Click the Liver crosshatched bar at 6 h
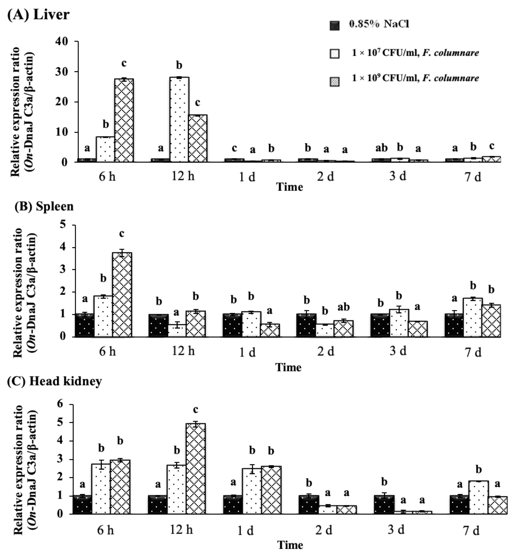(124, 120)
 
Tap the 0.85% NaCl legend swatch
(335, 25)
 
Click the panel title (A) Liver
(38, 14)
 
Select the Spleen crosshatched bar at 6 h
(122, 295)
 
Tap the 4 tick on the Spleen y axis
(63, 247)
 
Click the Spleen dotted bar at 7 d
(473, 317)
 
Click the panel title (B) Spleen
(44, 206)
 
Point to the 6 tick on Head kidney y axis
(60, 404)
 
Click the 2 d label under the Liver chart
(325, 176)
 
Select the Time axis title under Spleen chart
(288, 367)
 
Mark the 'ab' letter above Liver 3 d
(381, 148)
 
